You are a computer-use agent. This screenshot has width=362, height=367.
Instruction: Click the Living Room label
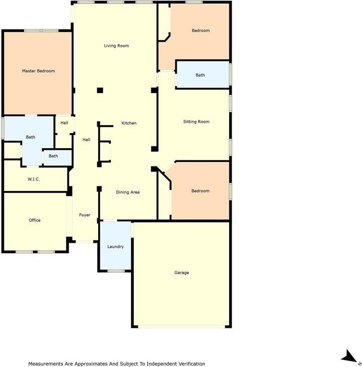coord(116,46)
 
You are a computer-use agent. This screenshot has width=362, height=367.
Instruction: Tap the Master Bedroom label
coord(38,71)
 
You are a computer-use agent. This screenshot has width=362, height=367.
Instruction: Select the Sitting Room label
coord(196,122)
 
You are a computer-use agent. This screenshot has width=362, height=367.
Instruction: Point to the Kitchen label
coord(129,123)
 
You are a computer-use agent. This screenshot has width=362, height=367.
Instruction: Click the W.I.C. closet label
coord(34,179)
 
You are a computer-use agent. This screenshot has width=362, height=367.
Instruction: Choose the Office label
coord(34,220)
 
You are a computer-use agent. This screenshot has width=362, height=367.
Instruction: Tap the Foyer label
coord(85,215)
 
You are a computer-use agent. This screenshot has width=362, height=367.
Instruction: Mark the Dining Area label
coord(128,192)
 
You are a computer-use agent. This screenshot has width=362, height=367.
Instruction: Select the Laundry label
coord(115,247)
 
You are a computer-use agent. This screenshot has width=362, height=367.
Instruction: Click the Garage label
coord(181,272)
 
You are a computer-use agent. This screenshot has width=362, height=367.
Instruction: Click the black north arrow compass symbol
coord(348,357)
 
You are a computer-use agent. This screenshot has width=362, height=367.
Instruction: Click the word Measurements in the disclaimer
coord(45,363)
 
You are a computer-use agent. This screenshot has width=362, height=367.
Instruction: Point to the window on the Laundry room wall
coord(116,271)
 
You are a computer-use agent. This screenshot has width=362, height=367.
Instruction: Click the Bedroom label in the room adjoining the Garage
coord(200,191)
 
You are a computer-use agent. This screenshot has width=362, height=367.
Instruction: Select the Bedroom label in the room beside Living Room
coord(200,31)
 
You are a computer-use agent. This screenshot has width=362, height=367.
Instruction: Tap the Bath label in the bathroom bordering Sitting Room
coord(200,75)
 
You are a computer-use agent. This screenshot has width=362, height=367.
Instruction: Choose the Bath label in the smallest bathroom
coord(53,156)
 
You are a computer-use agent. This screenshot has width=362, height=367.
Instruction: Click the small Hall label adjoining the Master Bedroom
coord(64,123)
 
